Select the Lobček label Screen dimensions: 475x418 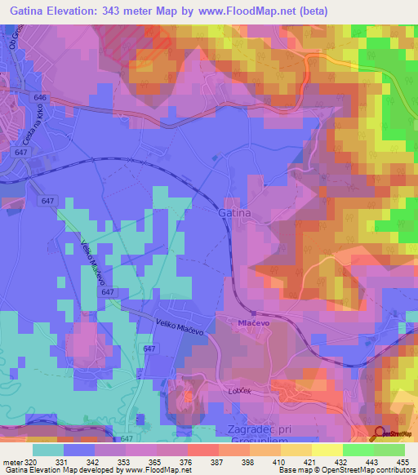(x=240, y=393)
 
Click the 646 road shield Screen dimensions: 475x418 (x=42, y=97)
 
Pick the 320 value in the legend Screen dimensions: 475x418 (x=30, y=462)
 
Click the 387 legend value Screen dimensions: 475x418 (x=217, y=462)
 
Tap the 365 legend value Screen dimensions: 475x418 (x=154, y=462)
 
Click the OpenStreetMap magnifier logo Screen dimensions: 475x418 (x=379, y=433)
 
